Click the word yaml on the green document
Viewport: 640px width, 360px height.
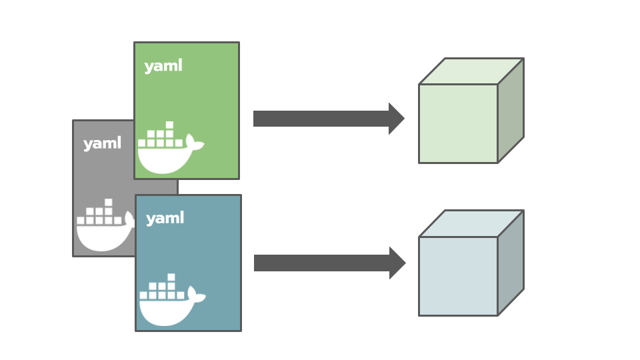click(163, 66)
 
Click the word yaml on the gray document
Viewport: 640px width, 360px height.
click(102, 143)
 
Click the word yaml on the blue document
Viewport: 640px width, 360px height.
click(165, 218)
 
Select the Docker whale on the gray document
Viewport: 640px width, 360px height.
click(103, 235)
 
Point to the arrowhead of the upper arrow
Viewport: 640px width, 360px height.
click(396, 119)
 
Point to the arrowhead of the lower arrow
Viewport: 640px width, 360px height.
click(397, 263)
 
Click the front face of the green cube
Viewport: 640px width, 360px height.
click(458, 123)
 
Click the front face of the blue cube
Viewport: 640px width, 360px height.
click(458, 276)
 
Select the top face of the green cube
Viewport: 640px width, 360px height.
click(471, 71)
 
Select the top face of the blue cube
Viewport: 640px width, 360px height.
click(471, 223)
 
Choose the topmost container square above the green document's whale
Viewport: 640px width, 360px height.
click(169, 125)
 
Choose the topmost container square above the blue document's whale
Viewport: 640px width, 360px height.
click(171, 277)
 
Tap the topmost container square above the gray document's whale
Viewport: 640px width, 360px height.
click(108, 202)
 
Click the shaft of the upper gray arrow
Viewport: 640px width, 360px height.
click(321, 119)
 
